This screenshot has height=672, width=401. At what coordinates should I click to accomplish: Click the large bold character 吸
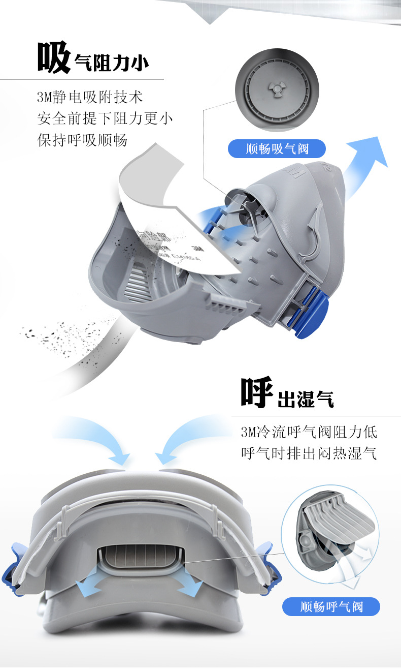(x=54, y=57)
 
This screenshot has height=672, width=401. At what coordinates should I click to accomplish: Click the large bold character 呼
(x=257, y=393)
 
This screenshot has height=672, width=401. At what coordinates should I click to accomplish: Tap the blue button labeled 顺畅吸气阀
(x=277, y=149)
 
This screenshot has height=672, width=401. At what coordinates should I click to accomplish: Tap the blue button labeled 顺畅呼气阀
(x=331, y=606)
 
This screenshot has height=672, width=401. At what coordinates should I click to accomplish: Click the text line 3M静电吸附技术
(x=90, y=97)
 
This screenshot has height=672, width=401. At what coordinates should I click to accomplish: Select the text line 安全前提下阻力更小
(x=105, y=118)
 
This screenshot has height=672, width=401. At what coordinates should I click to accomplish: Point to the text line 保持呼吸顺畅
(x=82, y=140)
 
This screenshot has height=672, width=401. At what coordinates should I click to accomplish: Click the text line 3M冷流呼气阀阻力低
(x=309, y=432)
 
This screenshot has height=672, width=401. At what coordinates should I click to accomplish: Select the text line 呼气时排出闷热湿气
(x=309, y=453)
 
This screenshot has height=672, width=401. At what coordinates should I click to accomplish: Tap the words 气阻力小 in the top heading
(x=111, y=63)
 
